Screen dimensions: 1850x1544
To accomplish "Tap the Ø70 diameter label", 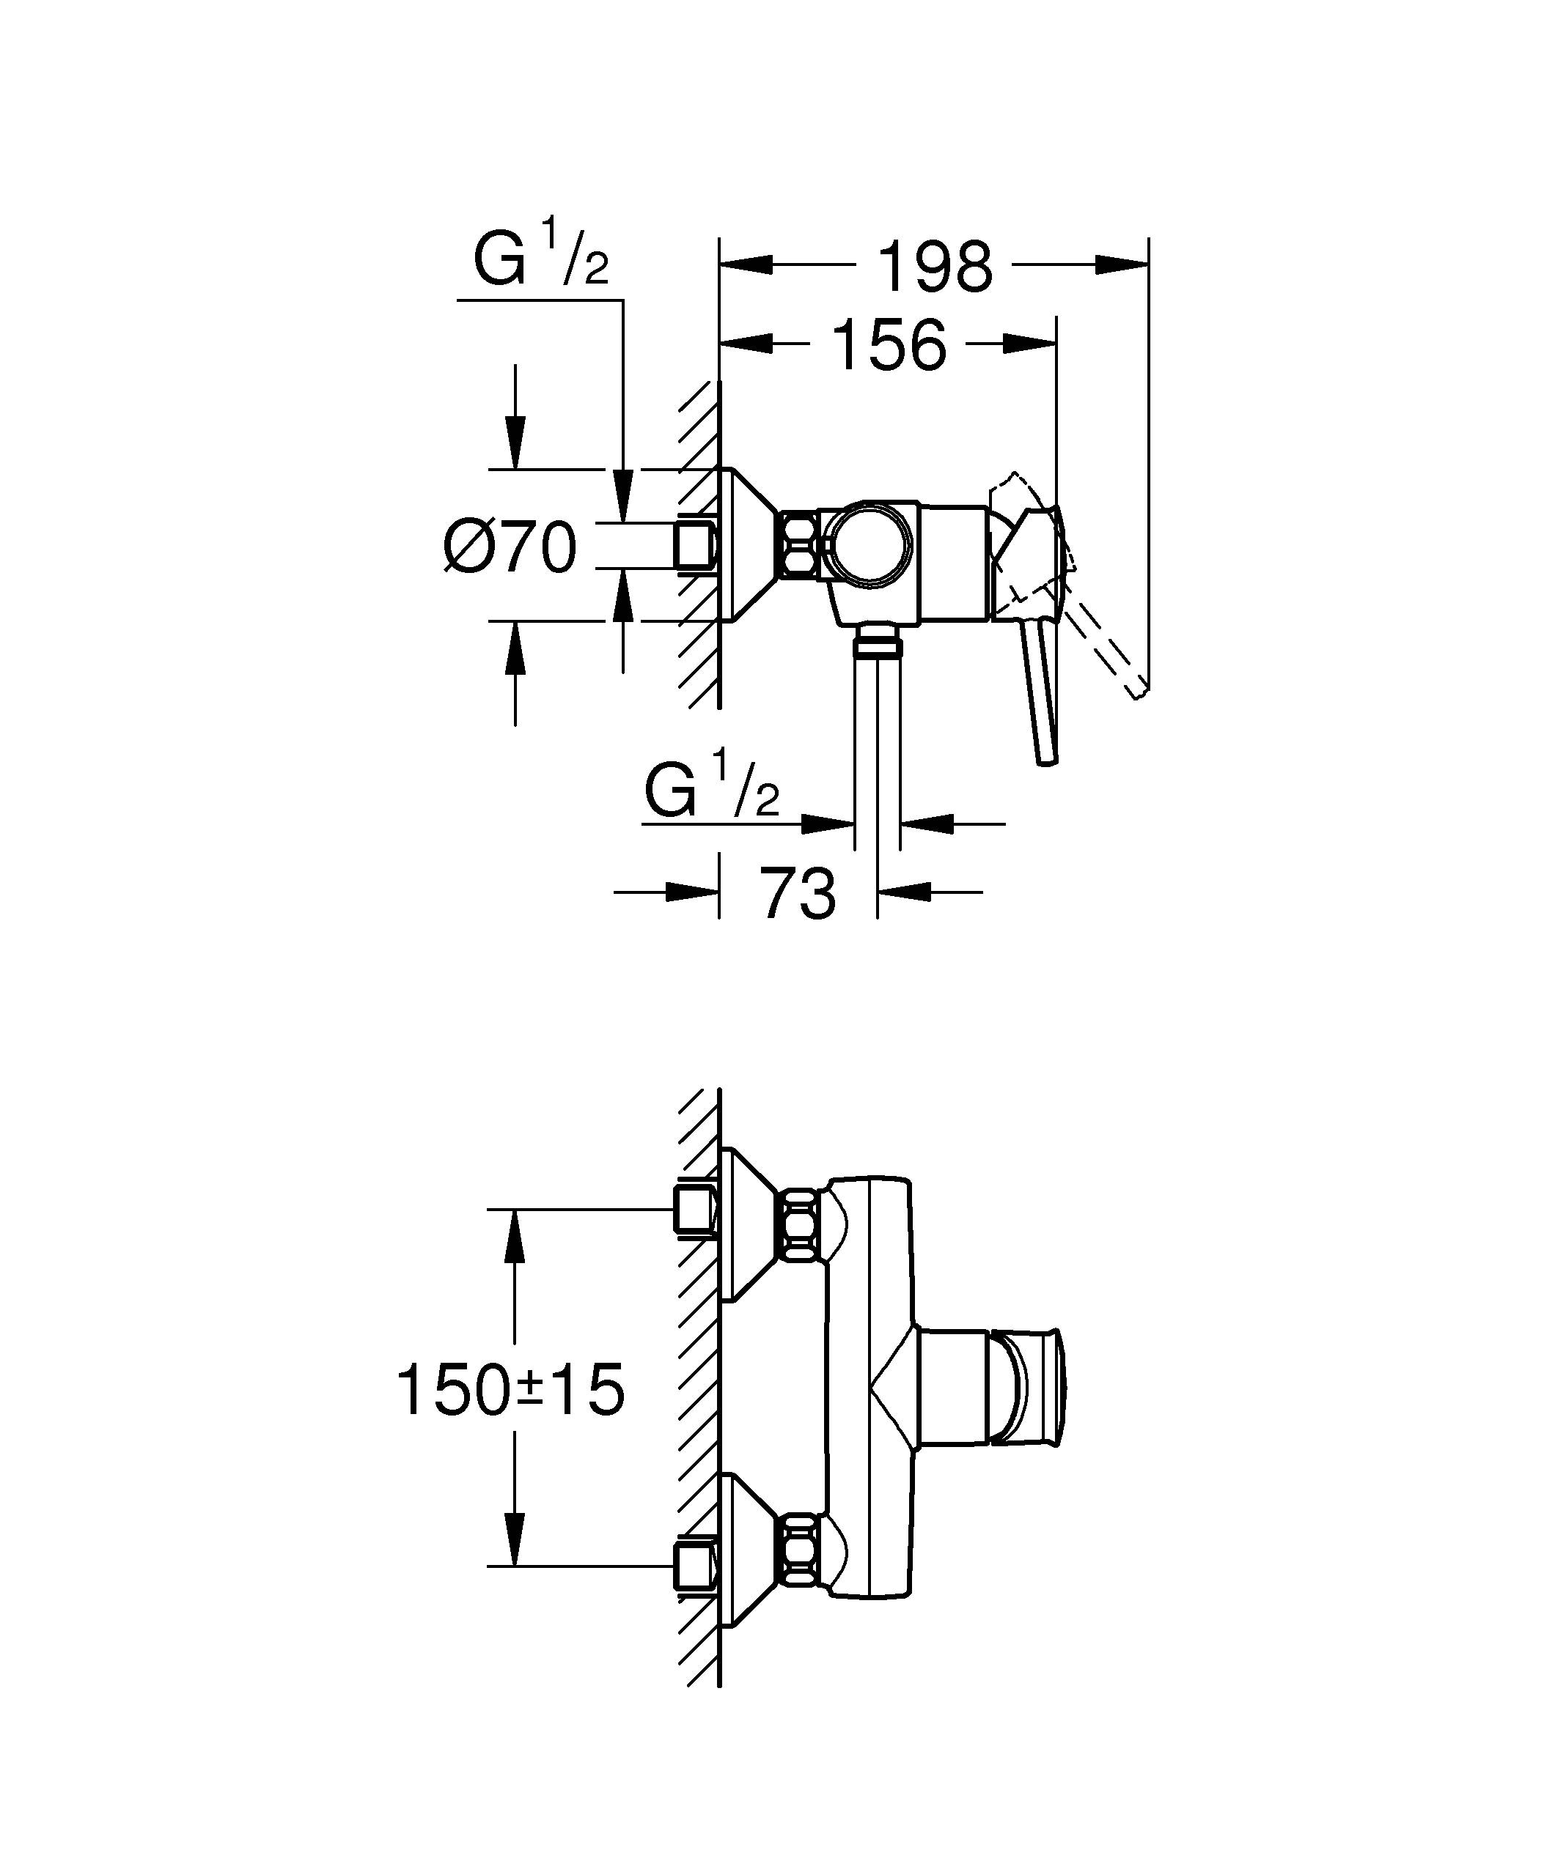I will (510, 547).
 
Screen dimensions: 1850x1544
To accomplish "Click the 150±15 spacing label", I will (511, 1390).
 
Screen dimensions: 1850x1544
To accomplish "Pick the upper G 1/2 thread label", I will (540, 257).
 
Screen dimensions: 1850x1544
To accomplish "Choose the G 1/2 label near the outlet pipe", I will (712, 788).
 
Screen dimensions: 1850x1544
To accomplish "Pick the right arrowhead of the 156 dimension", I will (1030, 344).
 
